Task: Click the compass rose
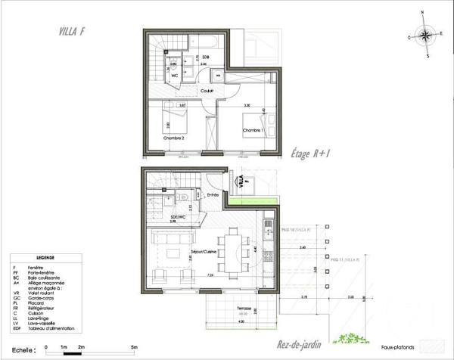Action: pos(427,35)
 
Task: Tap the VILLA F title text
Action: pos(71,31)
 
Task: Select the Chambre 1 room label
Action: pos(252,131)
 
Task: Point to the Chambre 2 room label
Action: pos(174,138)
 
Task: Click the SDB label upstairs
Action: pos(204,57)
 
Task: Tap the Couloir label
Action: pos(207,91)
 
